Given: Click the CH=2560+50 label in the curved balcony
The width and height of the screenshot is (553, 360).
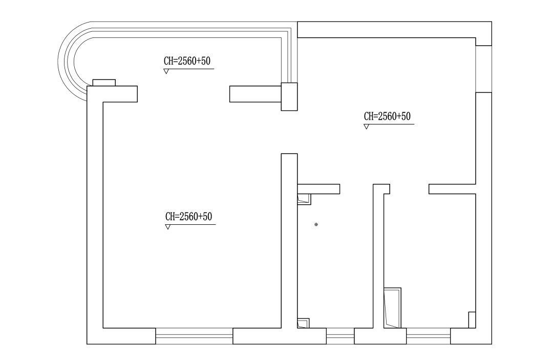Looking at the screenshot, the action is (187, 61).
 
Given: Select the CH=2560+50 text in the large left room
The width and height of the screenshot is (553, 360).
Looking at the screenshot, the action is (188, 217).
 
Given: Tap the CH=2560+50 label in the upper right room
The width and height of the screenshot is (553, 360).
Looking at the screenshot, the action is (387, 116).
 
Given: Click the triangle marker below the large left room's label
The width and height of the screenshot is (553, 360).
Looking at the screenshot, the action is (167, 227).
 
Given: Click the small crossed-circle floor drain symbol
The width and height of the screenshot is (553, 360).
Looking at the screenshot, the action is (316, 224).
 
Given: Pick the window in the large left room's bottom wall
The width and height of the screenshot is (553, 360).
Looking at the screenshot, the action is (194, 336).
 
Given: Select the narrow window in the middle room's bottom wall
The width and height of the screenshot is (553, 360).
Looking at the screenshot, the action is (340, 336).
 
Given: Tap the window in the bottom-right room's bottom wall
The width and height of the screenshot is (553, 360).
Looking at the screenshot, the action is (429, 336).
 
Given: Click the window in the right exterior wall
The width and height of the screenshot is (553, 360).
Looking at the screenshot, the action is (483, 69).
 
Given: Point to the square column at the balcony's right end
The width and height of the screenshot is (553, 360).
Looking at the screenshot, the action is (289, 97).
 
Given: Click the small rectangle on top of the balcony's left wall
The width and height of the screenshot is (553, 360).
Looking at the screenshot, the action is (104, 82).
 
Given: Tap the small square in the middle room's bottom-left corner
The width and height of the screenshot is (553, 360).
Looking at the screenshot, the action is (303, 323).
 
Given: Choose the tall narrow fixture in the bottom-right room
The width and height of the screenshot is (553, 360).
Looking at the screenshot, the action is (393, 308).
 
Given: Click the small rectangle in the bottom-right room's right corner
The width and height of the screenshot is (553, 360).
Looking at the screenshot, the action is (472, 320).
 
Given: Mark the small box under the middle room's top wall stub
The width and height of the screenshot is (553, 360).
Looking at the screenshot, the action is (304, 199).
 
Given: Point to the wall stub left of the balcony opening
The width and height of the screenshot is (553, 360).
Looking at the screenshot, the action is (112, 94).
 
